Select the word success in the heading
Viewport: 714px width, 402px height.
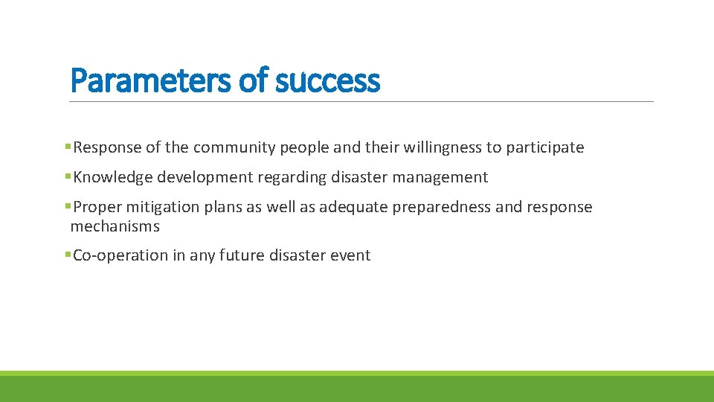tap(327, 80)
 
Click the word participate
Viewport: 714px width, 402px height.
tap(545, 147)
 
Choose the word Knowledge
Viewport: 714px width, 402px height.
tap(113, 177)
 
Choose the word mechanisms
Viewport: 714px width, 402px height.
tap(115, 226)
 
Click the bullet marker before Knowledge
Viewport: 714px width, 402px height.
tap(68, 177)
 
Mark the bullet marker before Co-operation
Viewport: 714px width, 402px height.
tap(68, 255)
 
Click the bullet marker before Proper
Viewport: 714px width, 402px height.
tap(68, 207)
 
